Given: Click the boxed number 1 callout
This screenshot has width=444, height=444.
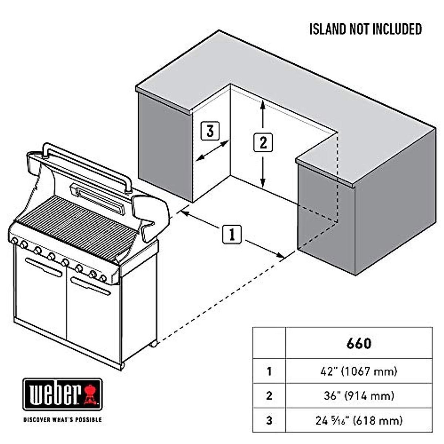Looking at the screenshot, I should coord(232,234).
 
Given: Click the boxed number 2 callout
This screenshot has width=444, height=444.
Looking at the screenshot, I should coord(263,142).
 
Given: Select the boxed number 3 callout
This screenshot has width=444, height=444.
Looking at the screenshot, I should coord(210,131).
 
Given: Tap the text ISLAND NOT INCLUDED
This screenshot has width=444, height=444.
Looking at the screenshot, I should coord(366,29).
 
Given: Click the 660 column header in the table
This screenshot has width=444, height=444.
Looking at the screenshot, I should coord(359,343).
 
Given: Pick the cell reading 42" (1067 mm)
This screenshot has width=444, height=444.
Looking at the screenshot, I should coord(359,371).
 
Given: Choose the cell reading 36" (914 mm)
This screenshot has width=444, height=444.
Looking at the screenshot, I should coord(359,396).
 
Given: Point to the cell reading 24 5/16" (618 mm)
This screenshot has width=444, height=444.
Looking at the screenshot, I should coord(359,420).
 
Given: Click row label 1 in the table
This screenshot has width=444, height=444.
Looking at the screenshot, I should coord(269,371).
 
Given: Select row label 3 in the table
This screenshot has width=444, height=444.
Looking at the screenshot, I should coord(269,420).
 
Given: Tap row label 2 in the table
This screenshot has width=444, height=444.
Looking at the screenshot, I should coord(269,396).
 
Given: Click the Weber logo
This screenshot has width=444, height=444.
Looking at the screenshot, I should coord(62,394).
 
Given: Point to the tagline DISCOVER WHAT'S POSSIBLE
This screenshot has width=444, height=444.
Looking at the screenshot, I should coord(62,420).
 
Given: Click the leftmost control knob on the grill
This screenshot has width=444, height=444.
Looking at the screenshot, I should coord(14,241).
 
